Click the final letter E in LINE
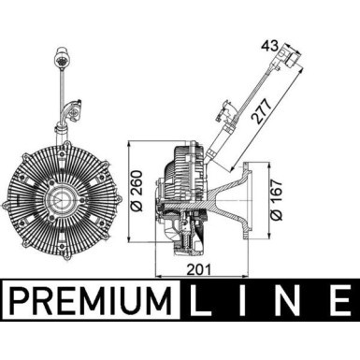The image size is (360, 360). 336,302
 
